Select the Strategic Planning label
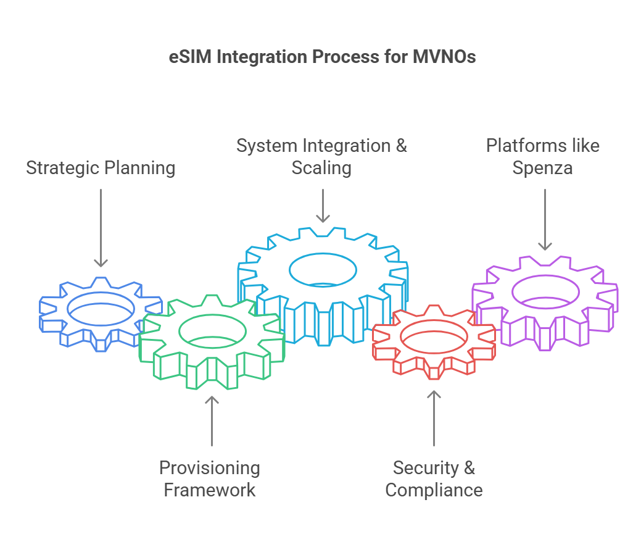pyautogui.click(x=101, y=168)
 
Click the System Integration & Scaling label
pyautogui.click(x=321, y=157)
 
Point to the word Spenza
pyautogui.click(x=542, y=168)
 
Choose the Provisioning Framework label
pyautogui.click(x=209, y=478)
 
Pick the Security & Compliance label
pyautogui.click(x=434, y=478)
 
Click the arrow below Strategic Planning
pyautogui.click(x=101, y=228)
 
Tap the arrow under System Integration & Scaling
pyautogui.click(x=323, y=206)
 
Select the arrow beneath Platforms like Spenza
pyautogui.click(x=545, y=219)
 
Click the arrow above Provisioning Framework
pyautogui.click(x=212, y=421)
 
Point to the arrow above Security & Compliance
pyautogui.click(x=434, y=418)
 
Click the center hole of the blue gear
pyautogui.click(x=101, y=293)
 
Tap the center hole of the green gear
pyautogui.click(x=212, y=315)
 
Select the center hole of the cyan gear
pyautogui.click(x=323, y=254)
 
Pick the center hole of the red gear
pyautogui.click(x=434, y=320)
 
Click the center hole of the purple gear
pyautogui.click(x=545, y=276)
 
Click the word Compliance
pyautogui.click(x=434, y=490)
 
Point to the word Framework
pyautogui.click(x=209, y=490)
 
